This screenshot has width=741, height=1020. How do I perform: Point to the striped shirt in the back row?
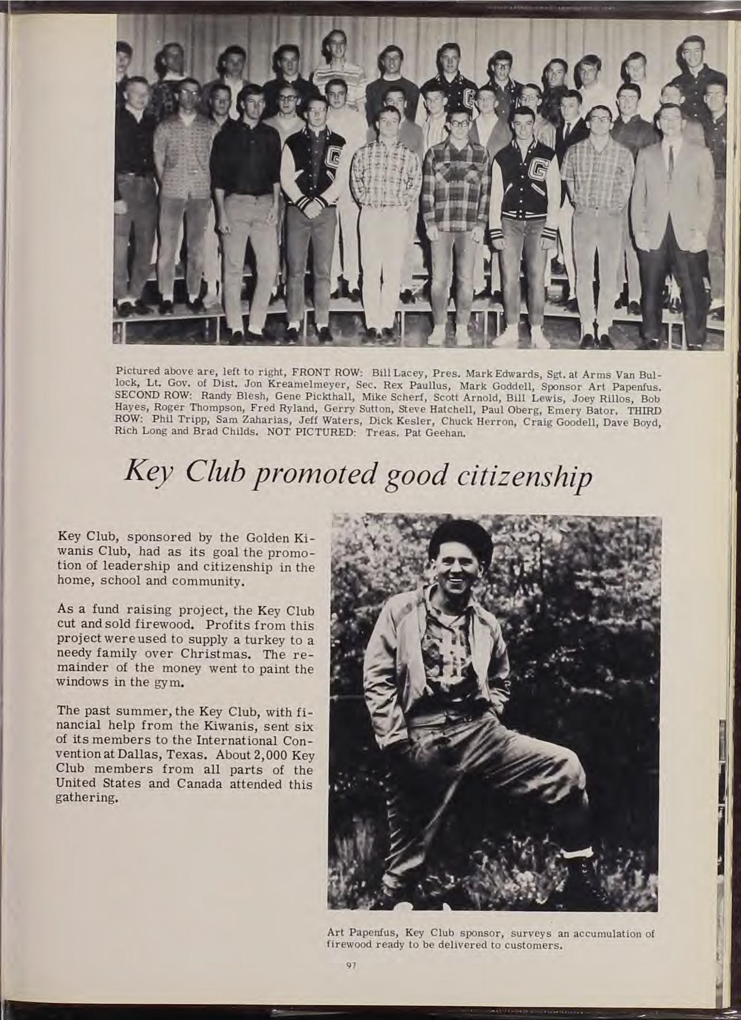(x=339, y=75)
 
